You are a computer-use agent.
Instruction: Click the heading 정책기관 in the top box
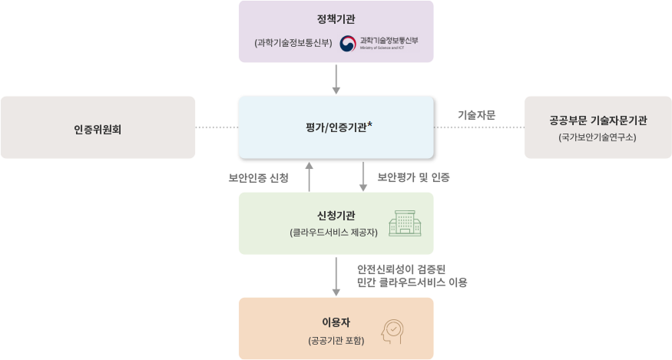(x=336, y=19)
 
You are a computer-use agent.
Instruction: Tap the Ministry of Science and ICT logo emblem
(x=349, y=43)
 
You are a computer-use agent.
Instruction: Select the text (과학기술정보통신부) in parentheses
(x=293, y=43)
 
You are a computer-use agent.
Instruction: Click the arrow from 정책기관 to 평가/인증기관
(x=336, y=78)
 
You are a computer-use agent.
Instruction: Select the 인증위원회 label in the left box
(x=98, y=128)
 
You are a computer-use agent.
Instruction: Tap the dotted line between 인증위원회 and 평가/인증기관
(x=217, y=127)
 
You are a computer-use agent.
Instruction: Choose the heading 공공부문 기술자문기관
(x=598, y=121)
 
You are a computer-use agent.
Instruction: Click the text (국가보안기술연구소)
(x=598, y=137)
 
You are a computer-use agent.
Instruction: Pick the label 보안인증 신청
(x=258, y=178)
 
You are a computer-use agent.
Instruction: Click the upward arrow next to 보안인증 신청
(x=310, y=176)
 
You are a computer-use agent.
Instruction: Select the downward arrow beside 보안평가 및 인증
(x=363, y=176)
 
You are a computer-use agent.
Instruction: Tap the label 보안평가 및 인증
(x=413, y=177)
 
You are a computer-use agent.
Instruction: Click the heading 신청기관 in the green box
(x=336, y=215)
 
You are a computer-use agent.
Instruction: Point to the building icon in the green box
(x=405, y=223)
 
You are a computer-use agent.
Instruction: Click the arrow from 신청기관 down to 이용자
(x=336, y=276)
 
